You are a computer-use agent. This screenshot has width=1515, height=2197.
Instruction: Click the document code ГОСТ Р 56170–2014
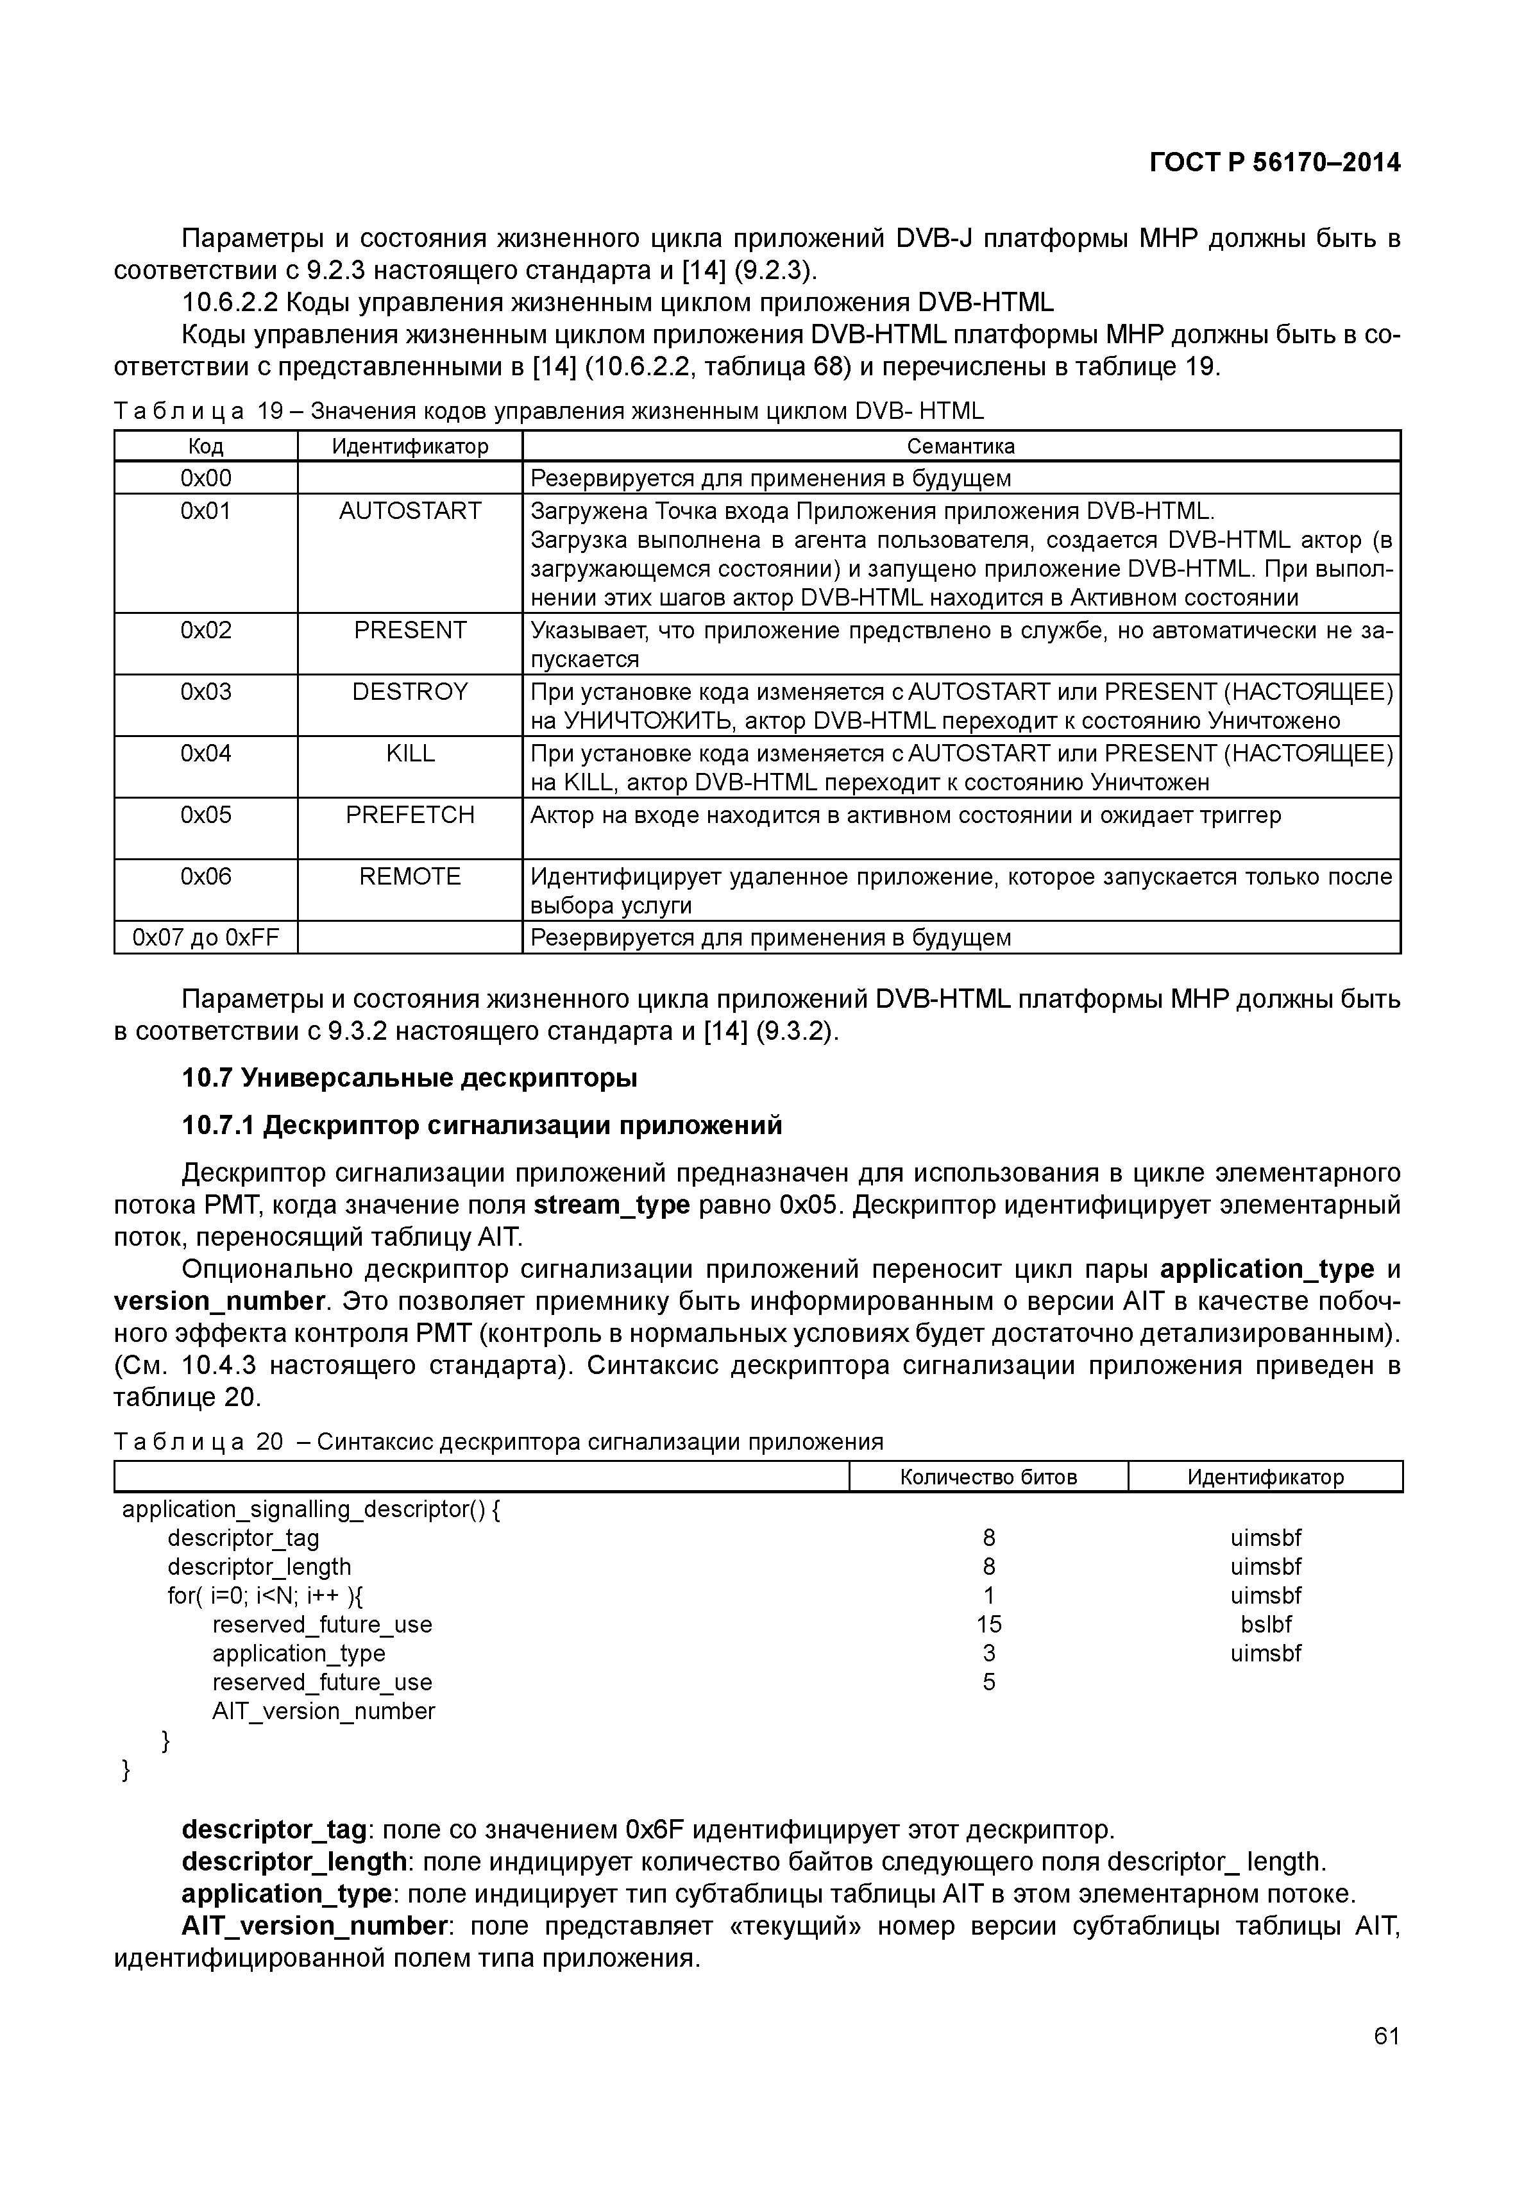tap(1274, 164)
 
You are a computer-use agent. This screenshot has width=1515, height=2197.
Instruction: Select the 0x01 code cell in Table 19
tap(206, 511)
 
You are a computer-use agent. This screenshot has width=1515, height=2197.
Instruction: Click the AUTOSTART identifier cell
tap(410, 511)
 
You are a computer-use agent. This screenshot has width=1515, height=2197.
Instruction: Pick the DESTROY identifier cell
tap(410, 691)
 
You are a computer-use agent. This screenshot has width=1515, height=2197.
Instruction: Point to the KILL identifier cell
tap(410, 753)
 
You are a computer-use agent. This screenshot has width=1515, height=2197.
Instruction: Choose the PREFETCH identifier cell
tap(410, 815)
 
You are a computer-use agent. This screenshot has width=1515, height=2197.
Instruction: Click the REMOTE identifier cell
tap(410, 876)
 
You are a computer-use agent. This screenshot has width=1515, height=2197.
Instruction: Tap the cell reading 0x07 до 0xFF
tap(206, 938)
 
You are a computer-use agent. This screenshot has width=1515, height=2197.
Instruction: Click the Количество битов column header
tap(988, 1477)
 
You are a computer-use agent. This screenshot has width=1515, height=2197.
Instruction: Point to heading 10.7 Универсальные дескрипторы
tap(409, 1078)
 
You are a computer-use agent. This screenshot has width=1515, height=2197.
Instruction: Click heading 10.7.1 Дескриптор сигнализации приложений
tap(482, 1125)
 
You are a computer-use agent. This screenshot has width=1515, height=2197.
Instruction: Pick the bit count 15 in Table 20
tap(989, 1624)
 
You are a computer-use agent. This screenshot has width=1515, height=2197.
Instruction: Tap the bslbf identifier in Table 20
tap(1265, 1624)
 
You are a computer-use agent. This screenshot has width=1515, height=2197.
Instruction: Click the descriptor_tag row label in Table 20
tap(243, 1538)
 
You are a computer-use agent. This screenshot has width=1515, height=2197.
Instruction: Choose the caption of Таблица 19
tap(548, 411)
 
